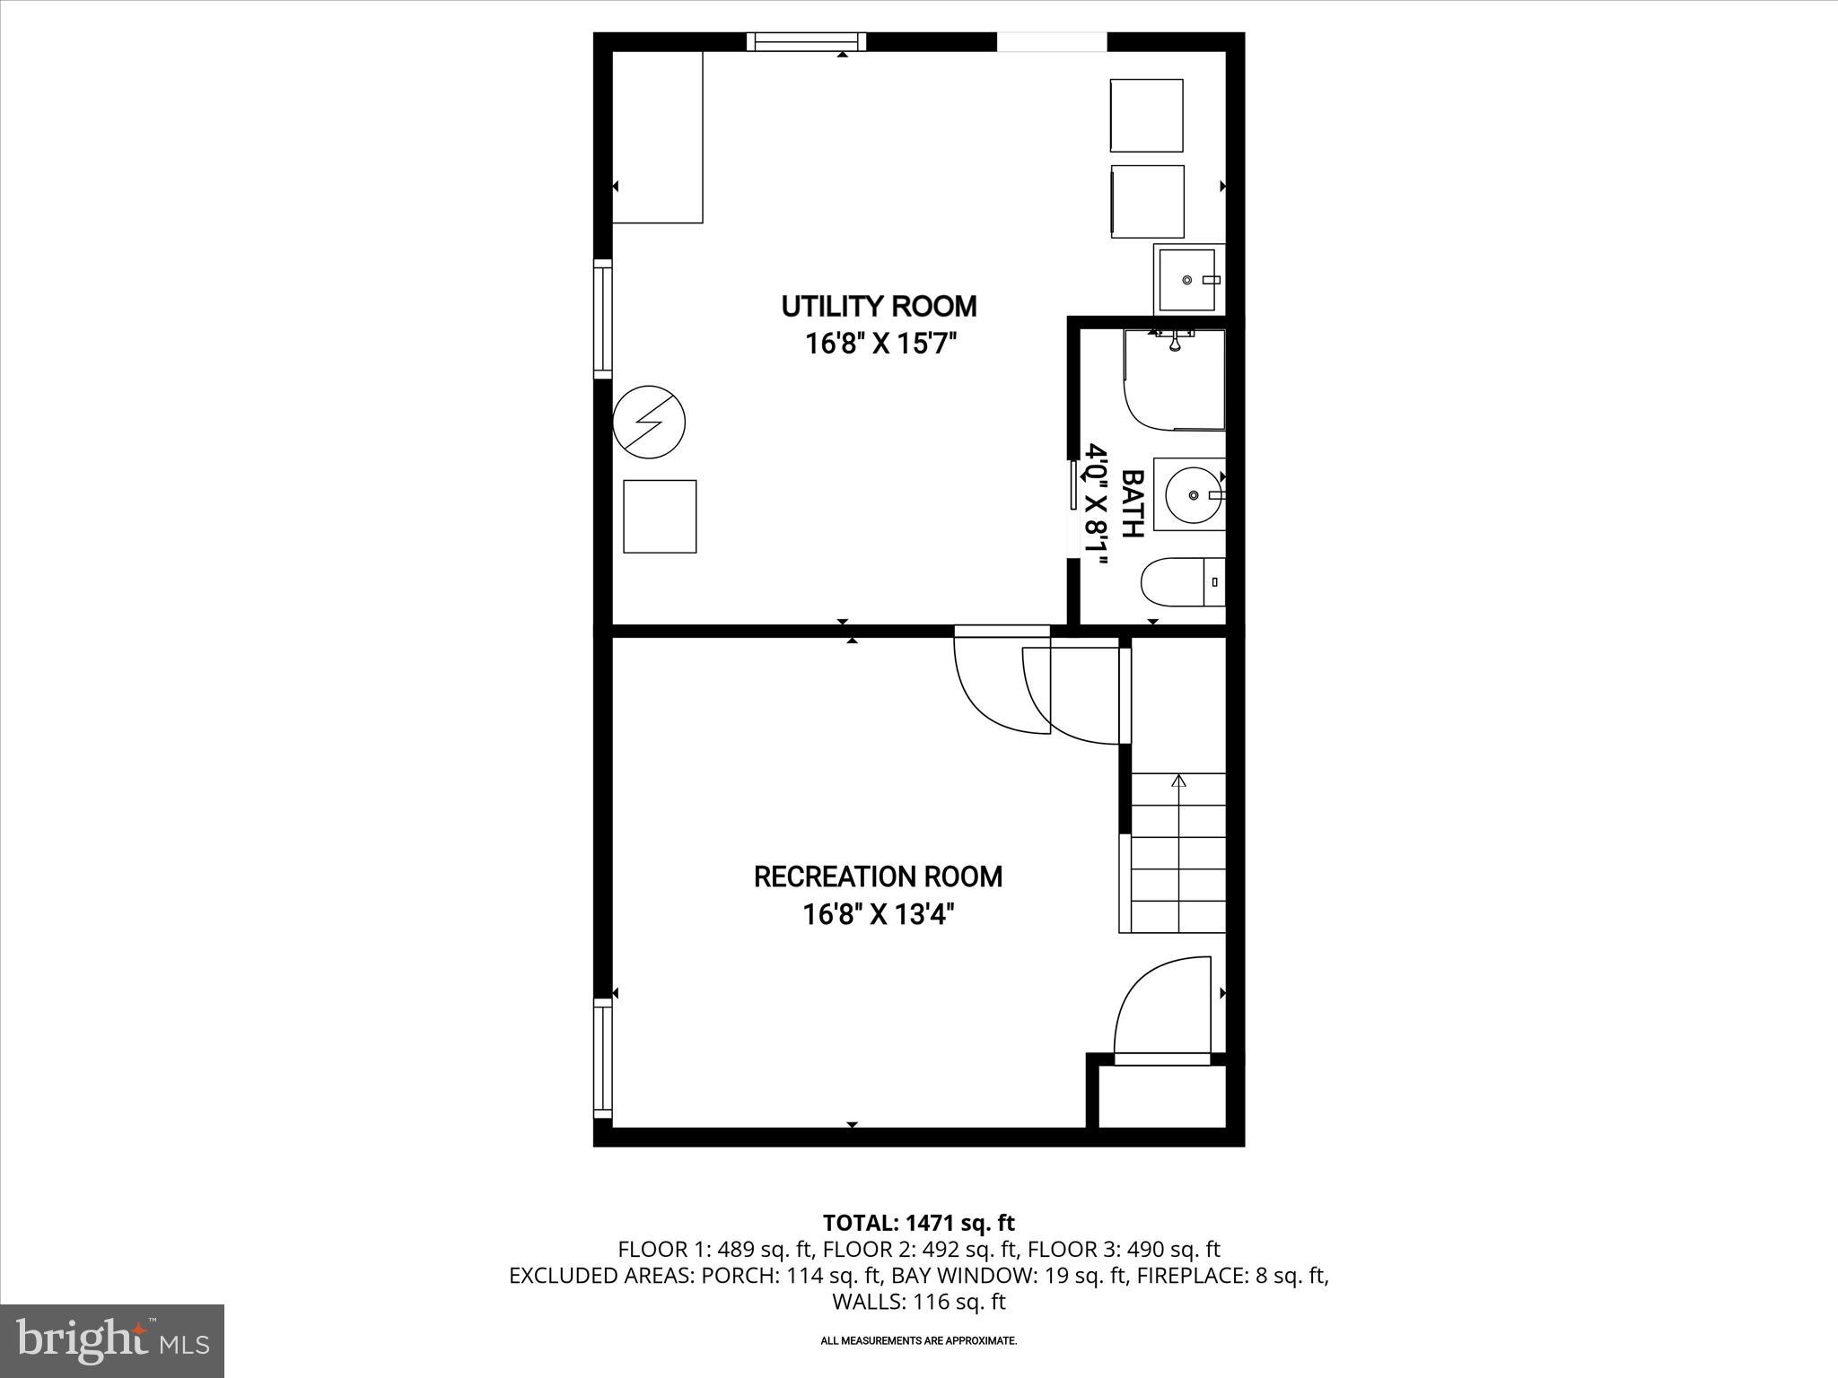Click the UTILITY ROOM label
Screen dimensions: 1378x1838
[879, 307]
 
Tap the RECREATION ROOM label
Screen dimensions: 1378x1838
[878, 877]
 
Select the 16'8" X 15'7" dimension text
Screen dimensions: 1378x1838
[878, 344]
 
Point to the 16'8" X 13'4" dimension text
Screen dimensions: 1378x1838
[878, 914]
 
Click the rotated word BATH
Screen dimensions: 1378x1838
[1133, 503]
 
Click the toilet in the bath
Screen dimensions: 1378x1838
[1182, 582]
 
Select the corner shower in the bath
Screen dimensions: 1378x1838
[1174, 379]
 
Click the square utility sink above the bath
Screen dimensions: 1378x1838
[1187, 280]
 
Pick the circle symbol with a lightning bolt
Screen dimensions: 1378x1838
[649, 422]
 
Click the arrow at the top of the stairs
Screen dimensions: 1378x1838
[1178, 781]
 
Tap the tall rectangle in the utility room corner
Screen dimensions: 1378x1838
[657, 136]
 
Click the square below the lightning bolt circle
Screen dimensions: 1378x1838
[660, 516]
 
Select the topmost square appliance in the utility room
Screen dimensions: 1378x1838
[1146, 116]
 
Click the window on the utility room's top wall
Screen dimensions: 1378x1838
[806, 41]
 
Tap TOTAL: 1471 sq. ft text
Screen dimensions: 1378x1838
[918, 1222]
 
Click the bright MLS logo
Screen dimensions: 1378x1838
[112, 1340]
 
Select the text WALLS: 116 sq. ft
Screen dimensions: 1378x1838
[918, 1302]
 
